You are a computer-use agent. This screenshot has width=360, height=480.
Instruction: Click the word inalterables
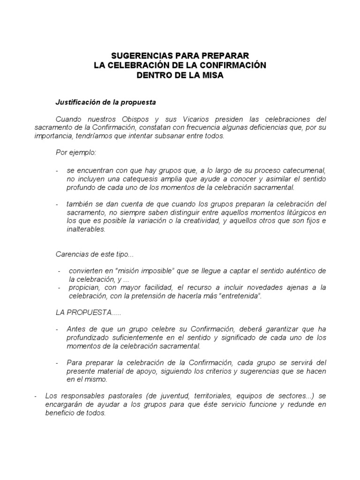pyautogui.click(x=86, y=230)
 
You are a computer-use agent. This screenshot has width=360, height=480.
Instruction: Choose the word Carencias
pyautogui.click(x=71, y=254)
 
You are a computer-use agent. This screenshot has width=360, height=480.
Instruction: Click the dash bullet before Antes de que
pyautogui.click(x=57, y=329)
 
